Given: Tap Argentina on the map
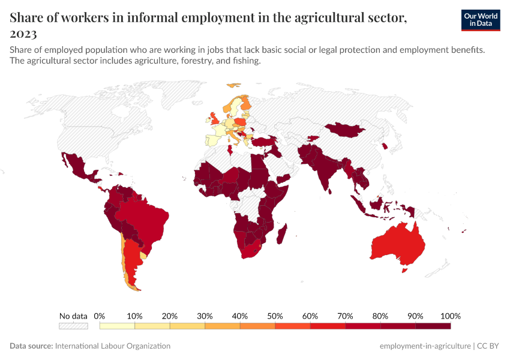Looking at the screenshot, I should (131, 261).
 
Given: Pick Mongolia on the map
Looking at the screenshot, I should (346, 130).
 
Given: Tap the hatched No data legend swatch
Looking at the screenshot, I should (73, 326).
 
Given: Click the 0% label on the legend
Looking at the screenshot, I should (100, 316).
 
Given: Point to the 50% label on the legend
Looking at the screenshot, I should (275, 316).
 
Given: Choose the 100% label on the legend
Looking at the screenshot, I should (450, 316).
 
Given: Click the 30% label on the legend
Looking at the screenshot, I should (205, 316).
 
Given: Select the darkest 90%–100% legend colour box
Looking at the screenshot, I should (433, 326).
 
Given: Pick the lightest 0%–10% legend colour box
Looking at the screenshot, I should (117, 326).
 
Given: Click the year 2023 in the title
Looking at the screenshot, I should (23, 34).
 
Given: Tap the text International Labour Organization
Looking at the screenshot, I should (113, 346).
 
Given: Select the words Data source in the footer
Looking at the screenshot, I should (31, 346).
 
